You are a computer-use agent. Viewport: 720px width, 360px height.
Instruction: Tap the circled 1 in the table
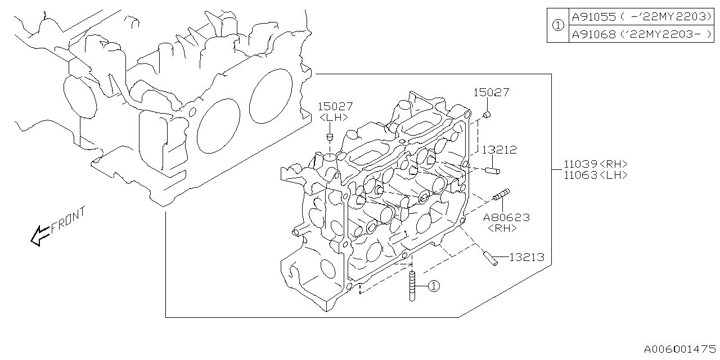point(557,25)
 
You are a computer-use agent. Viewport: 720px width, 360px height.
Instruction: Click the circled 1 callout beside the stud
point(433,286)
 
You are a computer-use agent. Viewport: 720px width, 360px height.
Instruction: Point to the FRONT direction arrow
point(40,236)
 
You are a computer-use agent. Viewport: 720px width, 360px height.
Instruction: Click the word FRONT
point(68,220)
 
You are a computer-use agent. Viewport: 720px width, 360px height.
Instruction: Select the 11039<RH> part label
point(596,164)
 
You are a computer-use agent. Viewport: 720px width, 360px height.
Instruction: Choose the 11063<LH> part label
point(596,175)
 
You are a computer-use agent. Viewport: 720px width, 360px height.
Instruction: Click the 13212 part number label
point(499,150)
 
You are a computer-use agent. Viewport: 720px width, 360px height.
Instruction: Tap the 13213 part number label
point(526,258)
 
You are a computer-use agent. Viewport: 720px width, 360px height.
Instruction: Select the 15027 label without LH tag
point(491,92)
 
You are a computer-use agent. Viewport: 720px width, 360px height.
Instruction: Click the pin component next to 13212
point(493,169)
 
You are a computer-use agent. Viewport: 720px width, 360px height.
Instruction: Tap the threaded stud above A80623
point(501,195)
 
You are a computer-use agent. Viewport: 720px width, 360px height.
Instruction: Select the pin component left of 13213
point(489,259)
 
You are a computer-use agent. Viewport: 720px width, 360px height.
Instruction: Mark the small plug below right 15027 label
point(487,115)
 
